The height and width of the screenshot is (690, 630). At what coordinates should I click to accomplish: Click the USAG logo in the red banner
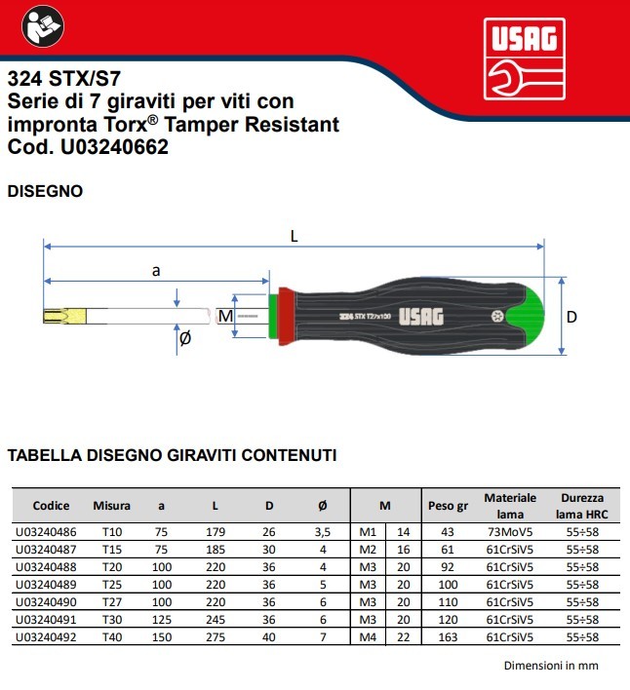tap(525, 59)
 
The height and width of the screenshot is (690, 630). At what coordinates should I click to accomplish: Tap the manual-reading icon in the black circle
tap(43, 26)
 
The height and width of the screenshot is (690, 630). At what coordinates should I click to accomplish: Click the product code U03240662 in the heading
tap(114, 147)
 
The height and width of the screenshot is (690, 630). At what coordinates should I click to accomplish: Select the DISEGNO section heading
tap(45, 191)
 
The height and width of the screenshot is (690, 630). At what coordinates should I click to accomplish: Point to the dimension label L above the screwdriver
tap(295, 237)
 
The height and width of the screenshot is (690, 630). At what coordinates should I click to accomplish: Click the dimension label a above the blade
tap(156, 271)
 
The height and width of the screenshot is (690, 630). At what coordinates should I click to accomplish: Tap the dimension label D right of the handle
tap(571, 317)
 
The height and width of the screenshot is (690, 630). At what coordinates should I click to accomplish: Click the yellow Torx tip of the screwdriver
tap(64, 316)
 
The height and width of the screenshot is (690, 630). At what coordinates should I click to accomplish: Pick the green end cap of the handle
tap(525, 316)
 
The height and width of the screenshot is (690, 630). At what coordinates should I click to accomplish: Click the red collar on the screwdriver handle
tap(287, 316)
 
